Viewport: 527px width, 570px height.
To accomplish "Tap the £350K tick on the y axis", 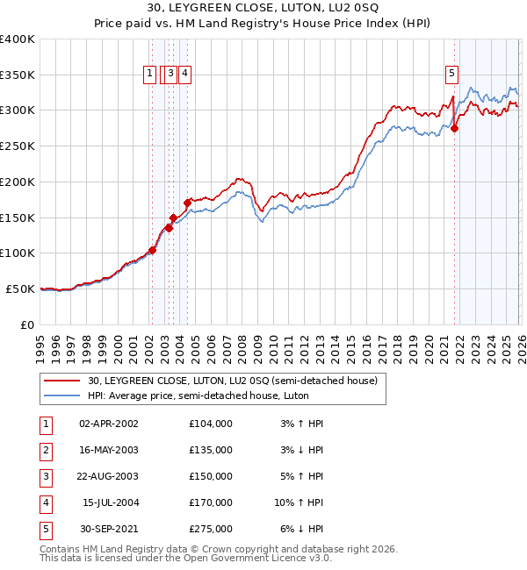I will (18, 75).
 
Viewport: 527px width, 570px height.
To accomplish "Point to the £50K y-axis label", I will (20, 289).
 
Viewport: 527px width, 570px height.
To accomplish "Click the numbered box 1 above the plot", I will (150, 74).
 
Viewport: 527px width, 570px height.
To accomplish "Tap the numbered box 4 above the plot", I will (186, 74).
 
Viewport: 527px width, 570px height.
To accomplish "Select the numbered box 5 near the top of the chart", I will (451, 74).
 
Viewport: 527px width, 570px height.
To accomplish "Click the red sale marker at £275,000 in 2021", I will (455, 129).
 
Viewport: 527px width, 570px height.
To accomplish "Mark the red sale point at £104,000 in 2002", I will (152, 250).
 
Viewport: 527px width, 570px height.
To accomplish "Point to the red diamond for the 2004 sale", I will (187, 203).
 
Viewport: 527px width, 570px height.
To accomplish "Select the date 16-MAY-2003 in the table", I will (109, 450).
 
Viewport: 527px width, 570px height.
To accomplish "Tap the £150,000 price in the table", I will (210, 476).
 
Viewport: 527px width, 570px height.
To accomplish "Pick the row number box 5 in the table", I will (43, 529).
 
